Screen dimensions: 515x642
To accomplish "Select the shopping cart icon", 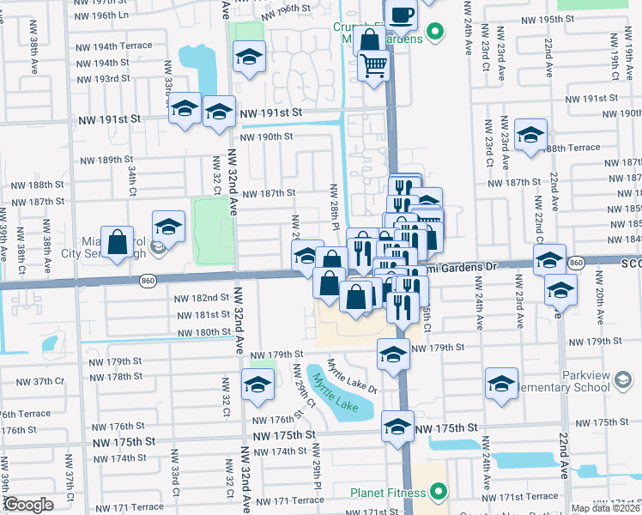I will pos(373,64).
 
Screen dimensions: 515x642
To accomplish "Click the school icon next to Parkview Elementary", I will pos(501,383).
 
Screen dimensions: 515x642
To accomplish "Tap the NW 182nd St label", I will pos(202,298).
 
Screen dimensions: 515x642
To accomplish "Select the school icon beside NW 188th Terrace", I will pos(530,134).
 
